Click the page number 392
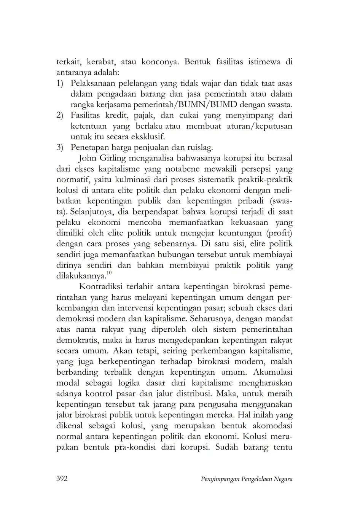[x=62, y=479]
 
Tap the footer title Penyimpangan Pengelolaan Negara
[x=246, y=479]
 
